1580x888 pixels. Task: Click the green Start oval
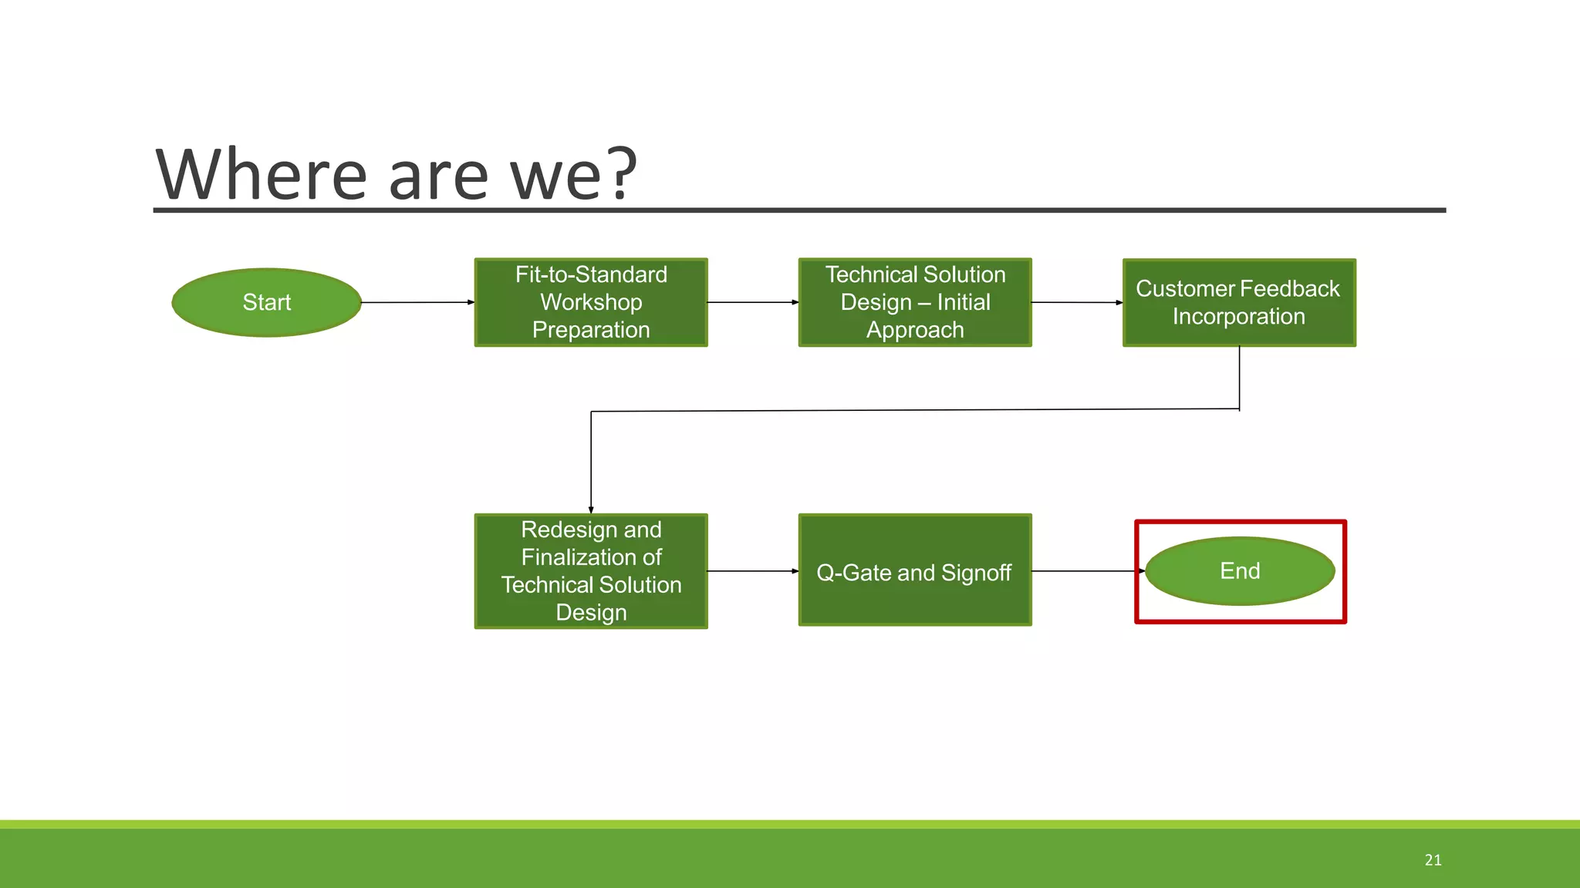coord(266,302)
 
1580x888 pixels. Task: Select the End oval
coord(1240,571)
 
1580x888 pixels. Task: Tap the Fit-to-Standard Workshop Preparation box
coord(591,302)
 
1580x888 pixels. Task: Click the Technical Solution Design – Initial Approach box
coord(915,302)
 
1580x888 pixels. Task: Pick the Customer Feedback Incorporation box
coord(1239,302)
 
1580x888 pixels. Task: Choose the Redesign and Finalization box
coord(591,571)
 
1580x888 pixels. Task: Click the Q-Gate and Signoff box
coord(915,571)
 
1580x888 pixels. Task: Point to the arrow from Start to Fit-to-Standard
coord(417,302)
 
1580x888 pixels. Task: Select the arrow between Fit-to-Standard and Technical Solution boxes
coord(753,302)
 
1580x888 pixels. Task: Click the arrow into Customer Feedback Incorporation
coord(1077,302)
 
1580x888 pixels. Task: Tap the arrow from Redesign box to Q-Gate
coord(753,571)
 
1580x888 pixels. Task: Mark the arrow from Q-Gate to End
coord(1088,571)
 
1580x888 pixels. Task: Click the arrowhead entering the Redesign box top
coord(591,510)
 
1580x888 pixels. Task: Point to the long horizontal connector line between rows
coord(915,410)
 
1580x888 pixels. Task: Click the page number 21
coord(1433,860)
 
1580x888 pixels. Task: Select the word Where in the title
coord(261,175)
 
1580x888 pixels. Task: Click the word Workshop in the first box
coord(591,302)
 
